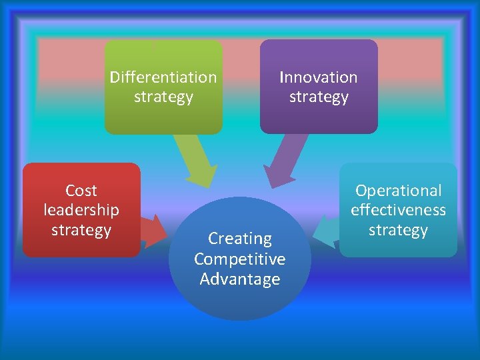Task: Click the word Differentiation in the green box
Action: coord(163,77)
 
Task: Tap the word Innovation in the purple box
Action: coord(319,77)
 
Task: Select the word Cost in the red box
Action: coord(81,191)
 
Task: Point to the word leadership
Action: coord(81,210)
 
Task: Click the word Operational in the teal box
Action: coord(398,191)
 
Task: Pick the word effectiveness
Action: coord(398,210)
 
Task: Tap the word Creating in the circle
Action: coord(240,238)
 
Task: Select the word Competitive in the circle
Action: coord(240,259)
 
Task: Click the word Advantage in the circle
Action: coord(240,279)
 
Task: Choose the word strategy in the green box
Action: coord(163,97)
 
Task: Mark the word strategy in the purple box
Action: coord(319,97)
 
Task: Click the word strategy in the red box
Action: coord(81,231)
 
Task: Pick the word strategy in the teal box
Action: coord(398,231)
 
